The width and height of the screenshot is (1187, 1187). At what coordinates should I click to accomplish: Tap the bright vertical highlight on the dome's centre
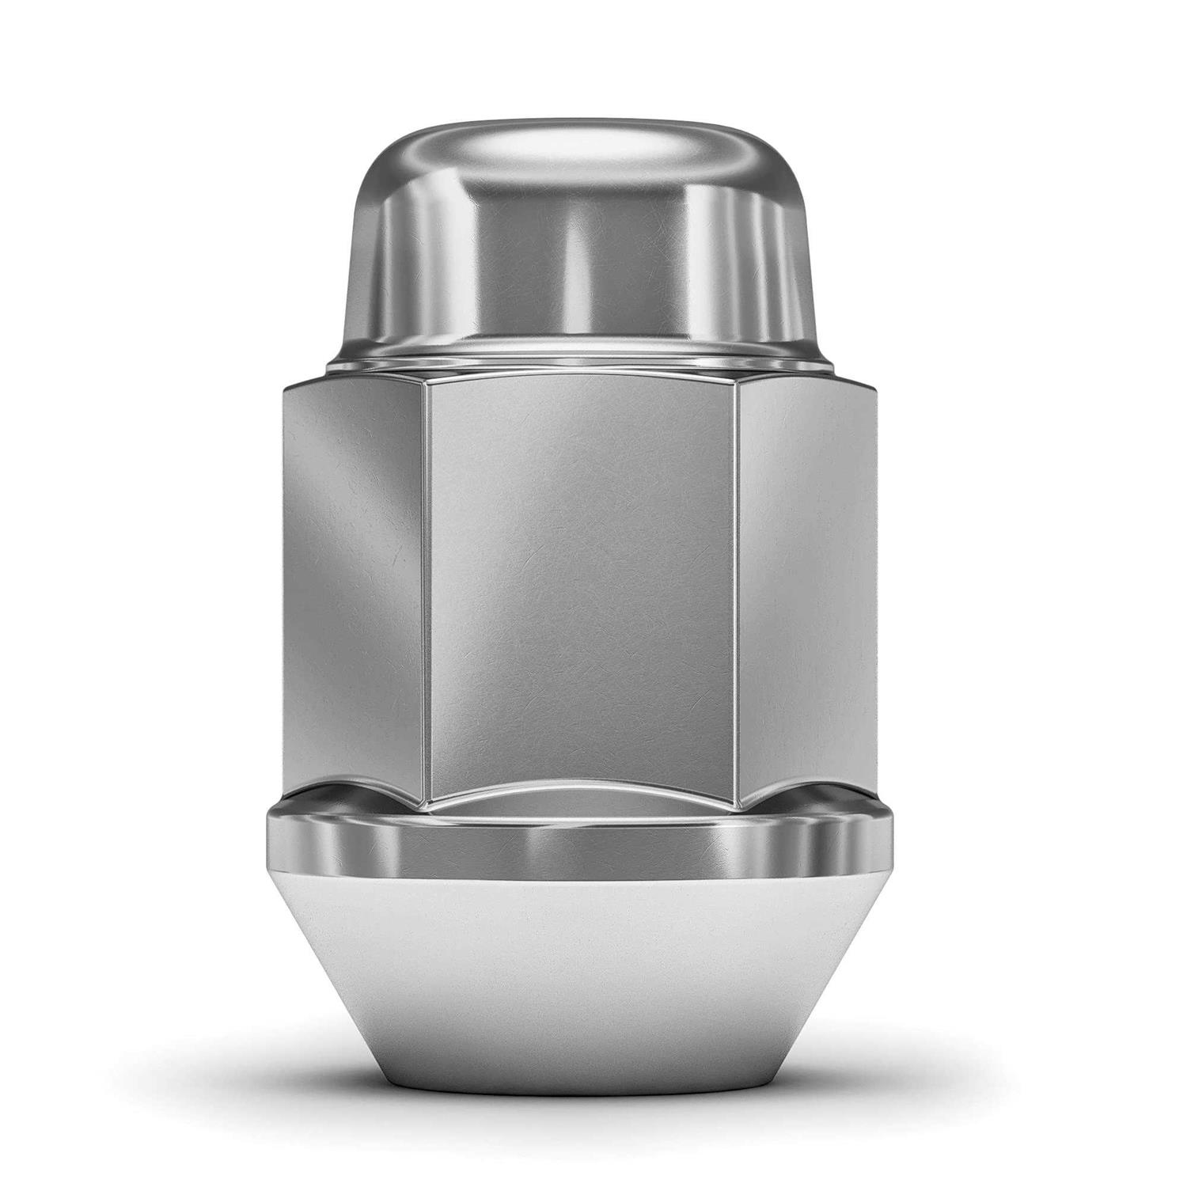(x=574, y=261)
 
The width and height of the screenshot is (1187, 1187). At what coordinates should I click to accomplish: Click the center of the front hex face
(x=582, y=586)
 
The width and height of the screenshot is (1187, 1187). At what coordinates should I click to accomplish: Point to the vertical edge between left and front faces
(x=427, y=586)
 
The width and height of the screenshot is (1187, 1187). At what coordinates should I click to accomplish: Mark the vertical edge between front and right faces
(x=736, y=586)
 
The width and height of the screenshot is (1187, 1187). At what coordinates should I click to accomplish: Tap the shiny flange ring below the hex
(x=582, y=843)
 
